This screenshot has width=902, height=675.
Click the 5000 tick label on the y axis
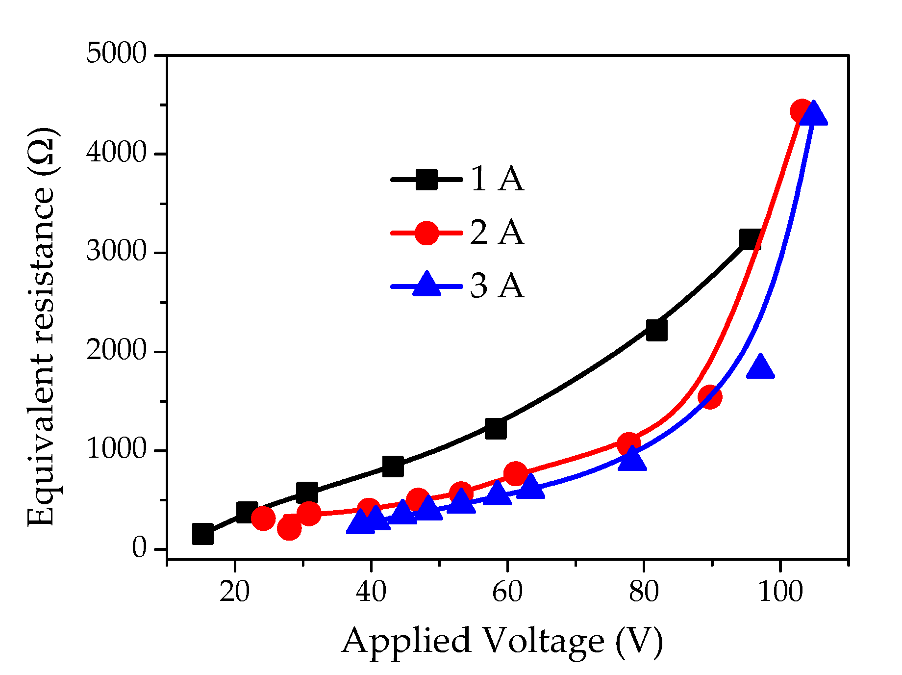click(x=116, y=53)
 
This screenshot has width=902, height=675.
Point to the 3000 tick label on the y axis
click(x=116, y=251)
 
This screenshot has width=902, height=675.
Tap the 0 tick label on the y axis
click(x=139, y=547)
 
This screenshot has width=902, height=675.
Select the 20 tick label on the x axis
click(x=234, y=592)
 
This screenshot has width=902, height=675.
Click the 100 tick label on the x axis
click(x=780, y=592)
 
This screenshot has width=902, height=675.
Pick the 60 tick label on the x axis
click(x=507, y=592)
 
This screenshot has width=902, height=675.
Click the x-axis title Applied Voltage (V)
click(x=502, y=642)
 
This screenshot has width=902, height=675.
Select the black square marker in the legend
click(x=426, y=180)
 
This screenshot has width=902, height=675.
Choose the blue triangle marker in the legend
click(x=426, y=285)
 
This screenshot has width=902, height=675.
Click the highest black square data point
click(x=750, y=239)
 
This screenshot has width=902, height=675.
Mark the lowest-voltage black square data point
click(x=203, y=534)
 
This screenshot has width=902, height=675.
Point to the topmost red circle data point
click(x=802, y=111)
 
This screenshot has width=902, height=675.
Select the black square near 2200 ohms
click(x=656, y=331)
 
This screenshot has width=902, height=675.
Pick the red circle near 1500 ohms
click(x=709, y=396)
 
